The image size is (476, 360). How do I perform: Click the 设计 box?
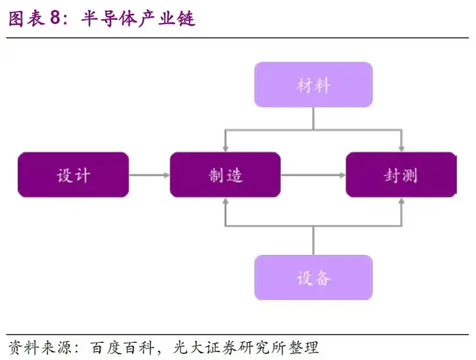(73, 174)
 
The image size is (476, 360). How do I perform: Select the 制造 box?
(225, 174)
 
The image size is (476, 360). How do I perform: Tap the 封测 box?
(401, 174)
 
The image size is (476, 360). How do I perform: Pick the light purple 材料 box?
(313, 85)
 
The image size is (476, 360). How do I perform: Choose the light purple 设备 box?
(313, 277)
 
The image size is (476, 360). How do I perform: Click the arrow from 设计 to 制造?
(149, 175)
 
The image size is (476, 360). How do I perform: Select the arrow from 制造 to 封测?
(313, 175)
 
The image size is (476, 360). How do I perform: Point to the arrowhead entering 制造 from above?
(225, 149)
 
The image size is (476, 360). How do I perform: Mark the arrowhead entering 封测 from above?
(401, 149)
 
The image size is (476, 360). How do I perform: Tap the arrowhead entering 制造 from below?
(225, 201)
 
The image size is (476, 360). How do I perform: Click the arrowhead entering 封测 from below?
(401, 201)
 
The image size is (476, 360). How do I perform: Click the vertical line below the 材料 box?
(313, 119)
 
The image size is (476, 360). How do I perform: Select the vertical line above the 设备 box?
(313, 240)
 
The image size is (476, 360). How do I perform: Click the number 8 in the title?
(56, 18)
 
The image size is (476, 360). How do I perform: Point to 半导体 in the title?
(108, 18)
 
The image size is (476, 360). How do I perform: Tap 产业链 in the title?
(167, 18)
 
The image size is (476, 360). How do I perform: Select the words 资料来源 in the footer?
(40, 347)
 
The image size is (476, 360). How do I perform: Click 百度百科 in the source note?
(122, 347)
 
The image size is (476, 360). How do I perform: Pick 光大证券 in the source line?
(205, 347)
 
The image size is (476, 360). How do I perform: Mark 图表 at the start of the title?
(26, 18)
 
